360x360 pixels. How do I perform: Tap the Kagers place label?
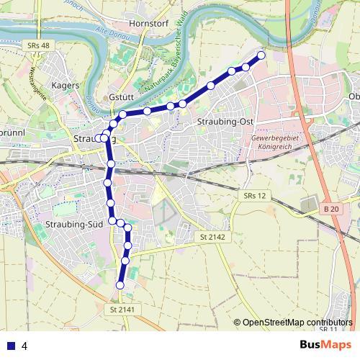click(x=66, y=85)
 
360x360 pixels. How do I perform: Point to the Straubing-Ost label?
click(x=225, y=122)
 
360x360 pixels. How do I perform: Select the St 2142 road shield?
click(x=213, y=237)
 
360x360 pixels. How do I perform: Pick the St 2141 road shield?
click(x=123, y=309)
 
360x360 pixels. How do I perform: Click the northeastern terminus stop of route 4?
click(x=261, y=55)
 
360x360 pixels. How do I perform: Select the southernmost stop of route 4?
click(x=120, y=286)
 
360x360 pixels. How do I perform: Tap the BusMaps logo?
click(x=326, y=345)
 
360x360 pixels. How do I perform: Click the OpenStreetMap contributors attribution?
click(x=297, y=323)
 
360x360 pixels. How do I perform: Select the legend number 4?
click(x=24, y=346)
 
